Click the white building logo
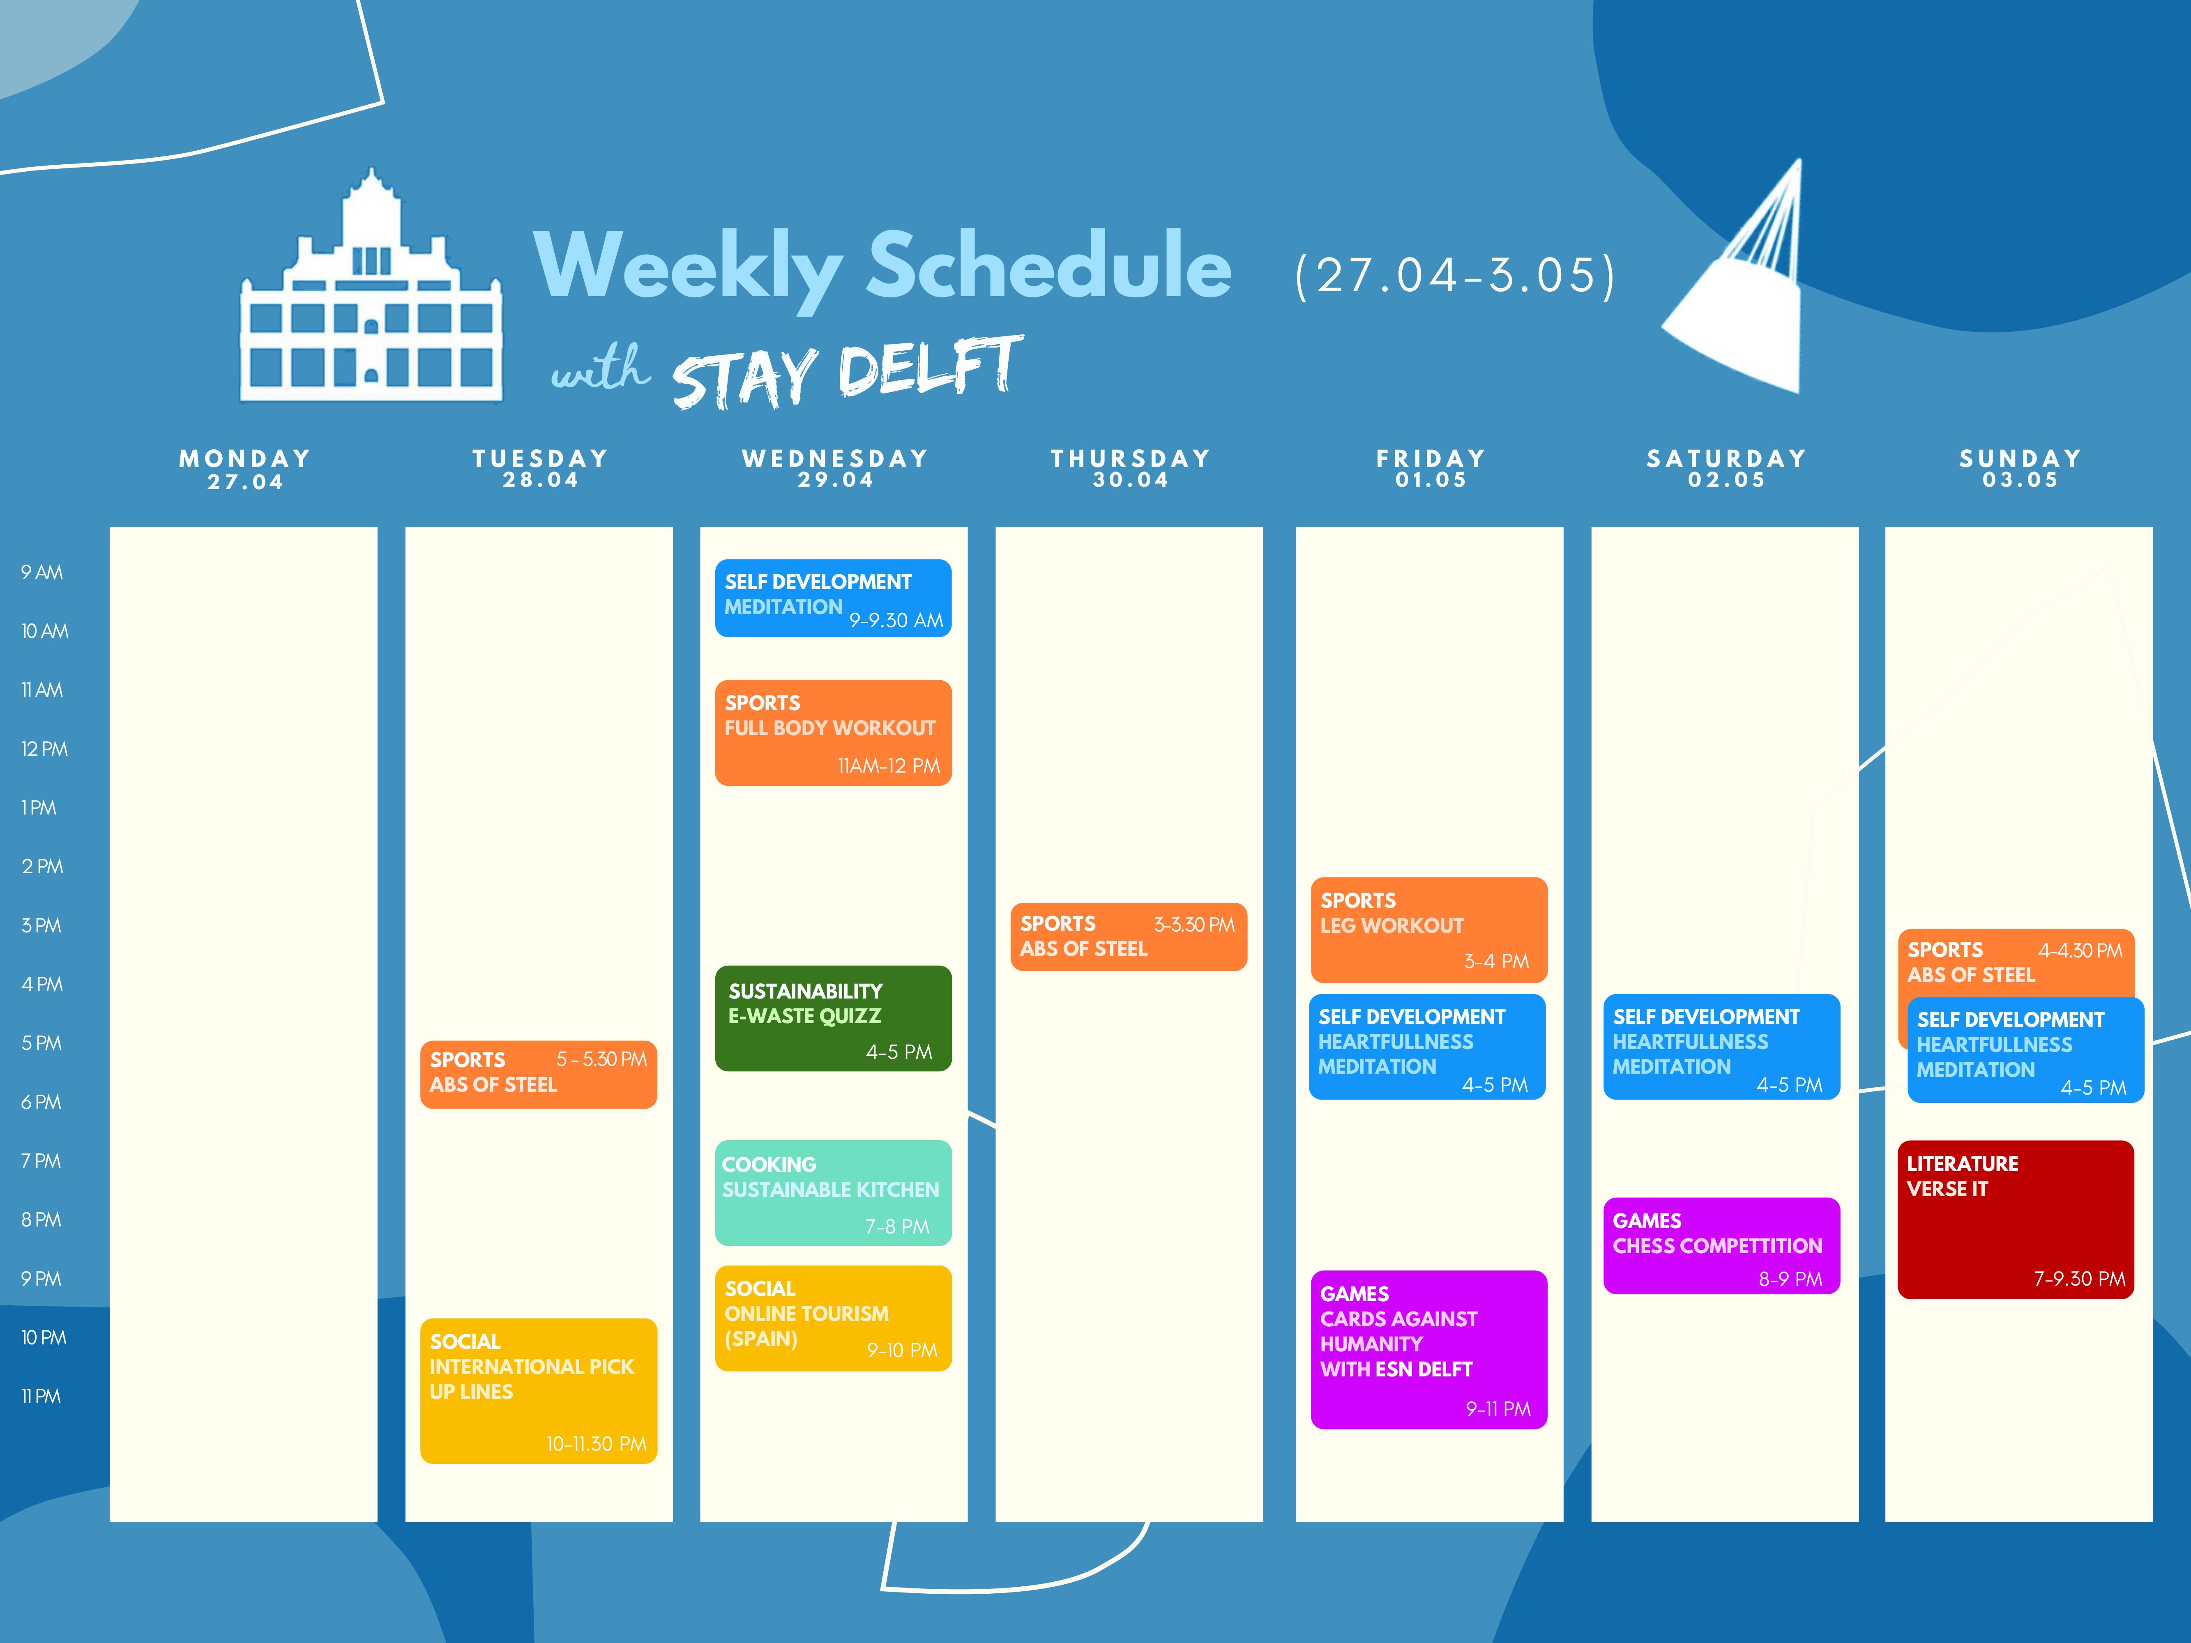pos(371,287)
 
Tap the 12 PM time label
pos(44,749)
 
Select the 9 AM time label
pos(41,573)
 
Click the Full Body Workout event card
pos(833,733)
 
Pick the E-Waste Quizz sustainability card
pos(833,1018)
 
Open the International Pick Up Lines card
pos(538,1390)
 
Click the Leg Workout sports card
pos(1428,930)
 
